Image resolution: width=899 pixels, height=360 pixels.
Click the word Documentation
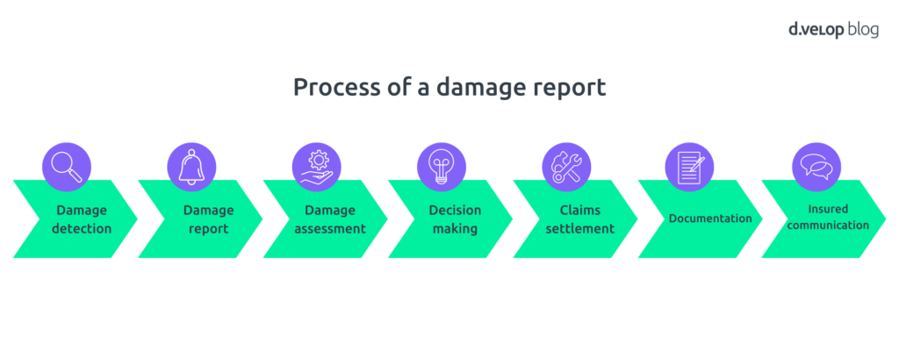710,219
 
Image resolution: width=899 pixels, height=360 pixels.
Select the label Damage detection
83,220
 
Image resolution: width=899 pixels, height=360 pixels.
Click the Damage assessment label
329,220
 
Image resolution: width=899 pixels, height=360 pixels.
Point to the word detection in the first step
83,229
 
